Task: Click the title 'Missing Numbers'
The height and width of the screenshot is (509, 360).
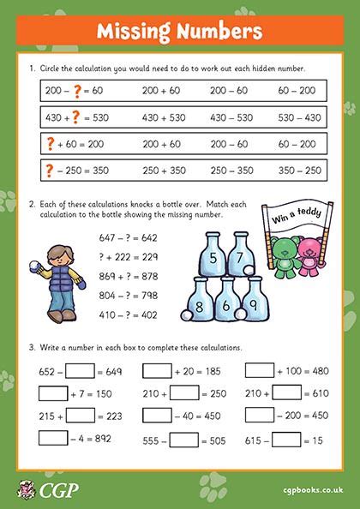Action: (x=180, y=33)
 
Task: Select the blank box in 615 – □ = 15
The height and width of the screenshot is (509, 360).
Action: (x=287, y=438)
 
